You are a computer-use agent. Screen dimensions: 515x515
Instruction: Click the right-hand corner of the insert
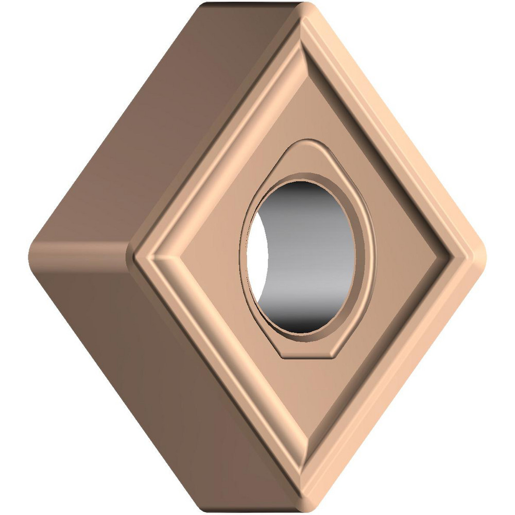482,257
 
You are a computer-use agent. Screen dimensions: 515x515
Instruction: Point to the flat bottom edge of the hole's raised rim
309,355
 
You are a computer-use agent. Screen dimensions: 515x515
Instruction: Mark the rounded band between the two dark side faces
77,252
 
